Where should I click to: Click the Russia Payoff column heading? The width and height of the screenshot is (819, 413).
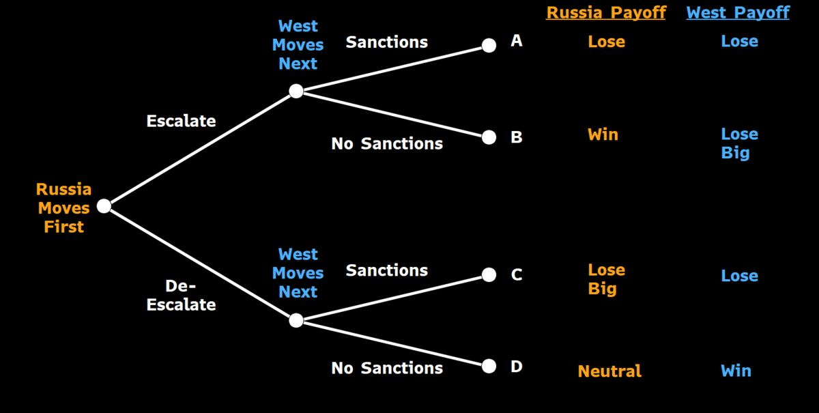(606, 13)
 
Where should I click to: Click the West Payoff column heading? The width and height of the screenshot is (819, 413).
(738, 13)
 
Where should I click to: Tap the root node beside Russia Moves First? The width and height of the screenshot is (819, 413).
(104, 206)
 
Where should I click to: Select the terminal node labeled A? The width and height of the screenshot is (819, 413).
(489, 45)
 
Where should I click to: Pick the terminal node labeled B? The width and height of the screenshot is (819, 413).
(489, 137)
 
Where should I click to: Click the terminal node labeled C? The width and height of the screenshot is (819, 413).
(489, 274)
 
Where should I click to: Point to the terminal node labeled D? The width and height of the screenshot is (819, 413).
(489, 366)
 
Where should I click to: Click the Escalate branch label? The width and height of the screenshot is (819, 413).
(181, 121)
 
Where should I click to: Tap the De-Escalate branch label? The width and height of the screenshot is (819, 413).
(181, 295)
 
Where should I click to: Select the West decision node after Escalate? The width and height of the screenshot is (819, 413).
(296, 91)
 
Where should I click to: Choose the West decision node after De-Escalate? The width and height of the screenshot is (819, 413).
(296, 320)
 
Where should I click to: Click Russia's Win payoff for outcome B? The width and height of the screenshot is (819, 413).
(603, 134)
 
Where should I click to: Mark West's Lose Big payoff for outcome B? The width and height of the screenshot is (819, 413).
(739, 144)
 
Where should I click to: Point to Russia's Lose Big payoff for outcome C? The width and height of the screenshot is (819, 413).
(607, 279)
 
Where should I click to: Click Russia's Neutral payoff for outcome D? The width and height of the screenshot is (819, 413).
(609, 371)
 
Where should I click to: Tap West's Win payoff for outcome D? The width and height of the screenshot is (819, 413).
(736, 371)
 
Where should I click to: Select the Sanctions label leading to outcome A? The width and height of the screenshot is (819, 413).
(387, 42)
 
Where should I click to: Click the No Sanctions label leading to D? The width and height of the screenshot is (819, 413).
(387, 368)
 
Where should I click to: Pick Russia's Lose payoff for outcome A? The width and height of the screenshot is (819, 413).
(607, 42)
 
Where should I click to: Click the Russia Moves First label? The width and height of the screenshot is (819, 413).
(63, 208)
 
